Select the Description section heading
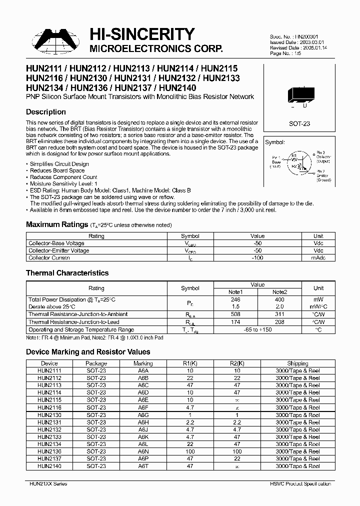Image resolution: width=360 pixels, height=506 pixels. [x=45, y=112]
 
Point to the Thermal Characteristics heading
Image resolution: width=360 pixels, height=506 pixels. [x=67, y=273]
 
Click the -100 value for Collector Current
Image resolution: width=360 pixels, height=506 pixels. [x=257, y=258]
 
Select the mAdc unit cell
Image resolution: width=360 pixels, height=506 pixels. [x=318, y=258]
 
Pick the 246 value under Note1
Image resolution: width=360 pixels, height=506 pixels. [x=235, y=299]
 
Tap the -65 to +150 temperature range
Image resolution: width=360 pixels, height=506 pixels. [x=257, y=330]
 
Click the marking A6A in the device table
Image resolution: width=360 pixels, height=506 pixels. [x=143, y=371]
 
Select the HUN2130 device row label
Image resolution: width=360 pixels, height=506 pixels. [x=49, y=414]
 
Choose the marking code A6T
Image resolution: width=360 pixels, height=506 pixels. [x=143, y=465]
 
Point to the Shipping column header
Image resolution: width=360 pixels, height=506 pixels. [x=297, y=363]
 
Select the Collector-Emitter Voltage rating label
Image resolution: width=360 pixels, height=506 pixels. [x=59, y=250]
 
